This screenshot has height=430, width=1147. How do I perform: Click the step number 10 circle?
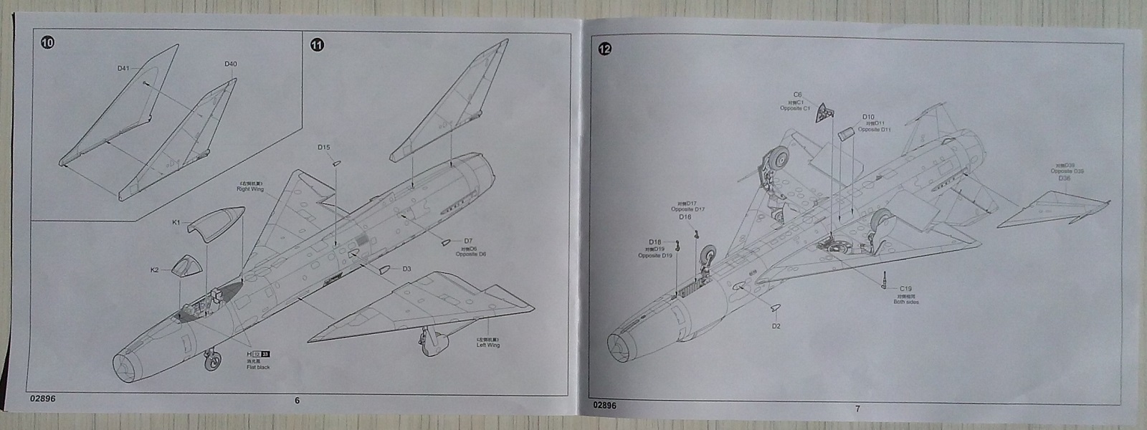tap(47, 42)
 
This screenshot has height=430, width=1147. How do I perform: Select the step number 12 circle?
tap(605, 49)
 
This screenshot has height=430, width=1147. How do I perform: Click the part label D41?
tap(123, 69)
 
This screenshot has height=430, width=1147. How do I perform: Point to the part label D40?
tap(230, 64)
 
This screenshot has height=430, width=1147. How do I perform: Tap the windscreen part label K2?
tap(154, 270)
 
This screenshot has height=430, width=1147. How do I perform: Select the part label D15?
tap(324, 148)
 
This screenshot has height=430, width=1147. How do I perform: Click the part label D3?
tap(406, 269)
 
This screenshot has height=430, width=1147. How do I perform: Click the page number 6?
tap(297, 401)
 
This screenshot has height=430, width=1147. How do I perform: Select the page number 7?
tap(857, 408)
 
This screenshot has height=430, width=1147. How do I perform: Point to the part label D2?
tap(776, 326)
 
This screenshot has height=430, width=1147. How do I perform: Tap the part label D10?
tap(868, 116)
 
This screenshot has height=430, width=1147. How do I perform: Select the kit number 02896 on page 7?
tap(605, 405)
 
